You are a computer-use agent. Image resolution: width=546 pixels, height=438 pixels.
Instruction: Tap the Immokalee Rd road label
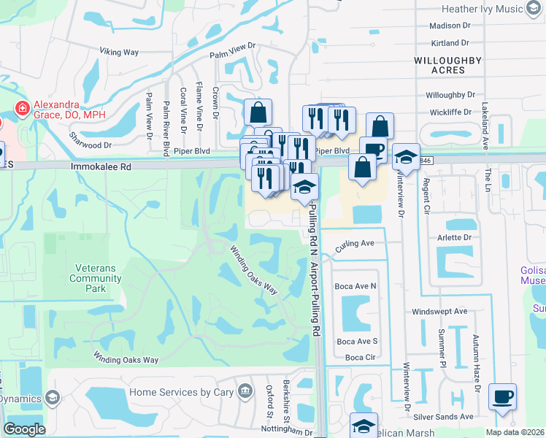(101, 166)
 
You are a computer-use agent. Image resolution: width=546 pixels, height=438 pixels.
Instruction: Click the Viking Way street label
(120, 53)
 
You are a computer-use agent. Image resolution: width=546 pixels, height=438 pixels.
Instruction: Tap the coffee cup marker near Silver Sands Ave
(502, 396)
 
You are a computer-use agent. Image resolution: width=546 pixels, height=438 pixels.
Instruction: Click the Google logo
(24, 429)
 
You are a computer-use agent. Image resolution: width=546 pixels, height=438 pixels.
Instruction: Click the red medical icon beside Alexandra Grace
(22, 109)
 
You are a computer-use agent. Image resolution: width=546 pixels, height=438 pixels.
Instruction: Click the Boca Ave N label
(355, 286)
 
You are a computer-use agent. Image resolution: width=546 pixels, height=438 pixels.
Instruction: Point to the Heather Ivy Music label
(482, 9)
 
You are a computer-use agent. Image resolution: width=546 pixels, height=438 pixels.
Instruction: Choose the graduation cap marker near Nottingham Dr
(364, 425)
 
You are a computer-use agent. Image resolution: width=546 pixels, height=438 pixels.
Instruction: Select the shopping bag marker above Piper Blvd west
(258, 112)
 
